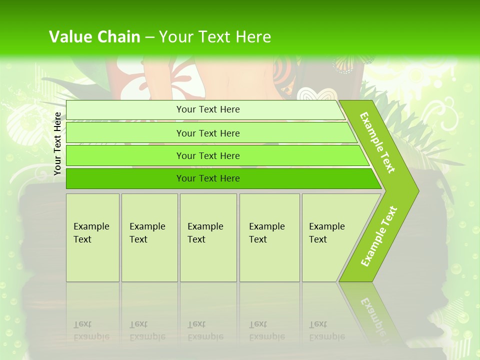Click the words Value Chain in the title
point(94,37)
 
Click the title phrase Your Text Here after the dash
point(215,37)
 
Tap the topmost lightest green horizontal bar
point(205,109)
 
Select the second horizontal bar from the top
point(210,133)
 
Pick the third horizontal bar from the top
point(215,155)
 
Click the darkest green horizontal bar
point(220,178)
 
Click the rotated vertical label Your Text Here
point(57,143)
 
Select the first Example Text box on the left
point(92,237)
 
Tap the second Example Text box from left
point(149,237)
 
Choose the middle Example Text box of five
point(208,237)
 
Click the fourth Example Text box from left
point(269,237)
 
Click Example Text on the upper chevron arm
point(377,142)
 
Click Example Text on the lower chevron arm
point(379,236)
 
